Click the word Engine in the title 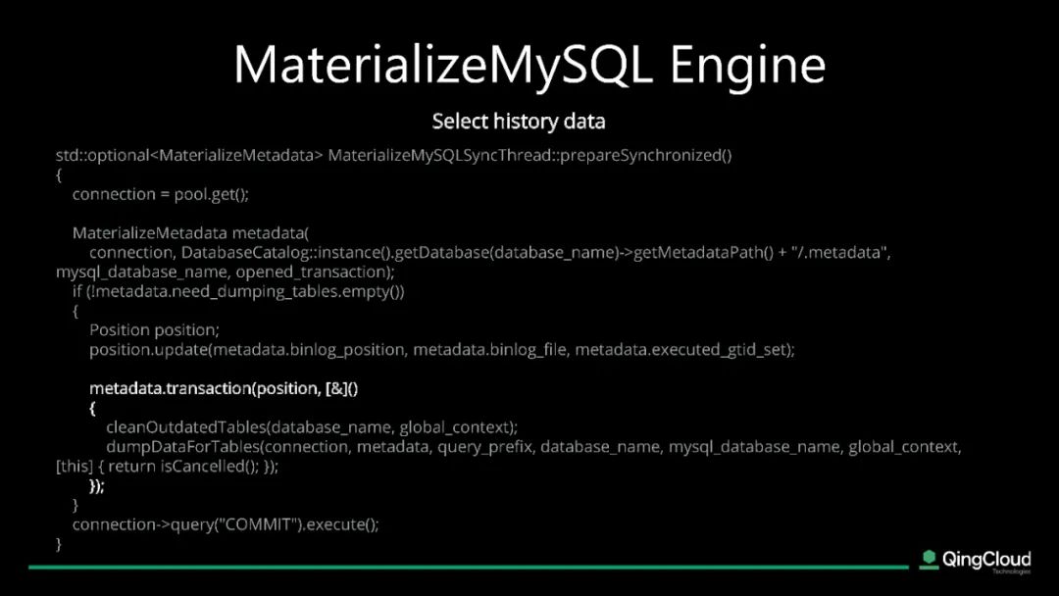click(747, 66)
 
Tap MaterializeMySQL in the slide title click(444, 66)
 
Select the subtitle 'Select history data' click(519, 122)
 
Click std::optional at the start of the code click(102, 156)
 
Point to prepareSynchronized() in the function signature click(645, 156)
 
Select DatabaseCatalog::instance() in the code click(285, 253)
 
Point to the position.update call click(149, 350)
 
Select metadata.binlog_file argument click(489, 350)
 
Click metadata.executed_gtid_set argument click(681, 350)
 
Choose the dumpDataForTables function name click(182, 447)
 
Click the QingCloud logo click(976, 561)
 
